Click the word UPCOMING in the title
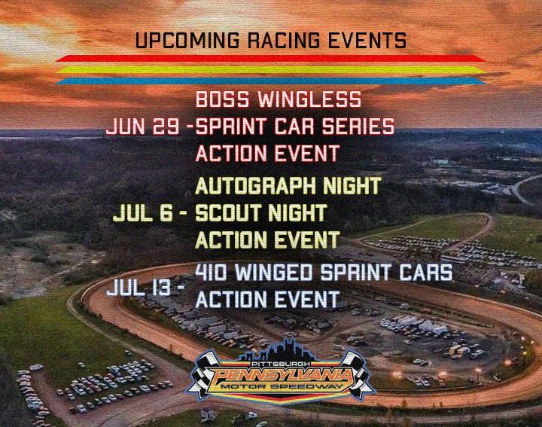pos(187,40)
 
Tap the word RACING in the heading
pos(284,40)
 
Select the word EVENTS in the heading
pos(367,40)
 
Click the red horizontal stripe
pos(271,58)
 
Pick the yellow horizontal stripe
pos(271,69)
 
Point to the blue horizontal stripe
pos(271,81)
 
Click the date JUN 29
pos(142,127)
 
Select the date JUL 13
pos(139,288)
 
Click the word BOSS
pos(222,99)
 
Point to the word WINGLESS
pos(309,99)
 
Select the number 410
pos(211,272)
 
